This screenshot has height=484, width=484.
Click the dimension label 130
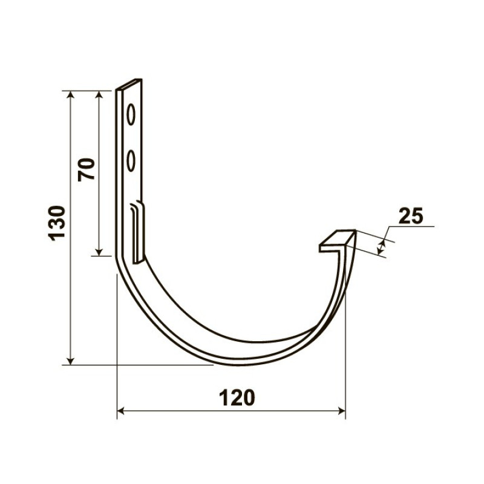tap(57, 223)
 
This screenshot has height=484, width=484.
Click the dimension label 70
tap(87, 169)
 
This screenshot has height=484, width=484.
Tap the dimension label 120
tap(237, 397)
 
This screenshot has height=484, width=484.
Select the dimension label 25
tap(411, 216)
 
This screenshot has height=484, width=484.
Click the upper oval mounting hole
tap(131, 114)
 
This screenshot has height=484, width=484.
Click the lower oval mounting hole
tap(131, 160)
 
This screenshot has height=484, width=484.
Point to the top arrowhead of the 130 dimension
tap(71, 95)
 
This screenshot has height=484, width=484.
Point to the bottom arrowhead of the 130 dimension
tap(71, 360)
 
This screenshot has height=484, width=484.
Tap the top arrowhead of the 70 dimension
tap(99, 95)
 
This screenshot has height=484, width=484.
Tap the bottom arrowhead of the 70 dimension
tap(99, 252)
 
